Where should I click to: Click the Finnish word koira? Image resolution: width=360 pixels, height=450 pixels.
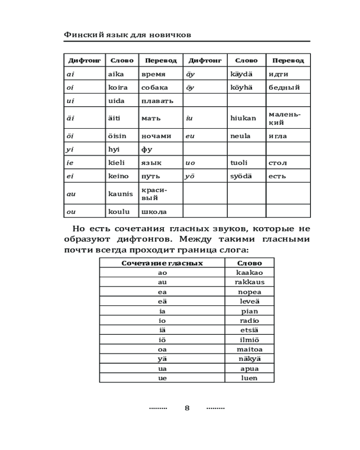[x=118, y=87]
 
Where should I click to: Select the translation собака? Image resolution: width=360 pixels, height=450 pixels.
[x=154, y=87]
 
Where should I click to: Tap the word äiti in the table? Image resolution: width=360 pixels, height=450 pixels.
[x=116, y=118]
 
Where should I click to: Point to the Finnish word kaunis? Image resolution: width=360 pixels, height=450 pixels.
[x=121, y=193]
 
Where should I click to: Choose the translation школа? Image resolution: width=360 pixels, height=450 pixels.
[x=154, y=211]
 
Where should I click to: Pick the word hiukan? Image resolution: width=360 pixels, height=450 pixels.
[x=243, y=118]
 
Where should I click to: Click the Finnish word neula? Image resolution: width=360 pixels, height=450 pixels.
[x=240, y=136]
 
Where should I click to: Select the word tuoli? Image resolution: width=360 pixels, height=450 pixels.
[x=239, y=162]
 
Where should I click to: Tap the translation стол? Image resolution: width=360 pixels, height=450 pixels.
[x=278, y=162]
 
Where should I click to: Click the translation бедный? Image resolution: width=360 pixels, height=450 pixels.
[x=284, y=87]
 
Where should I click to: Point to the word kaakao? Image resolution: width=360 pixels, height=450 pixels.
[x=249, y=273]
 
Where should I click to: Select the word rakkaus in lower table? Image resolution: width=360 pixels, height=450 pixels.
[x=249, y=282]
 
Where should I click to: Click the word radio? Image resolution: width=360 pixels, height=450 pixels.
[x=249, y=320]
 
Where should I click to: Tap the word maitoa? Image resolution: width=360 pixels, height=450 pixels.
[x=249, y=349]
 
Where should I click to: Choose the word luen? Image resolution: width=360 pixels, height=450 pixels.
[x=249, y=378]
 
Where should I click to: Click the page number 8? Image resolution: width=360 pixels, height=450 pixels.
[x=187, y=408]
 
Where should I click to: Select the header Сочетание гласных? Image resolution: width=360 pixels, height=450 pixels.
[x=162, y=263]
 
